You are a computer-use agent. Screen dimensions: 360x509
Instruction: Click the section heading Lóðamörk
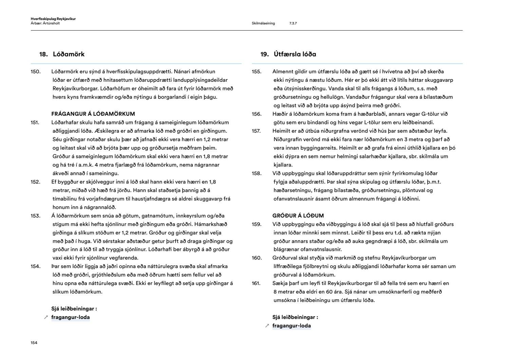(69, 54)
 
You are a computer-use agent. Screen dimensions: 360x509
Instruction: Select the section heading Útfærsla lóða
(295, 54)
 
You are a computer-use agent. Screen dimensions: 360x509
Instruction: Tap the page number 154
(34, 343)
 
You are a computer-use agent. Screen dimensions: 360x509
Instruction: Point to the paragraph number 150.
(35, 72)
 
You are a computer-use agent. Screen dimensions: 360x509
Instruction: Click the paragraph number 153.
(35, 216)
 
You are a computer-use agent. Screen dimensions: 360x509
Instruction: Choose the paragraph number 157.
(256, 131)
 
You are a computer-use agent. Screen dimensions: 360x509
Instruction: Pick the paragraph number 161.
(256, 283)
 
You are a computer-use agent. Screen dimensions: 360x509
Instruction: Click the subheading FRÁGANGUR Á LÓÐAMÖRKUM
(93, 114)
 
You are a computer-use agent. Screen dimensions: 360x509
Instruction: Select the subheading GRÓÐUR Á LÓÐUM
(298, 216)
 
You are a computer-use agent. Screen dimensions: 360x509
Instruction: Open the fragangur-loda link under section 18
(71, 317)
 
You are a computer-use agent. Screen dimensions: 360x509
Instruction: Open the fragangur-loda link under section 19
(291, 326)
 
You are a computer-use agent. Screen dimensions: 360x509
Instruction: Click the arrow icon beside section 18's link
(46, 318)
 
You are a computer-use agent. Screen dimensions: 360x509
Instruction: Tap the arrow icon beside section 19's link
(267, 326)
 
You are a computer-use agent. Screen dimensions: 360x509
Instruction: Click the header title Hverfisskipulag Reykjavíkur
(53, 19)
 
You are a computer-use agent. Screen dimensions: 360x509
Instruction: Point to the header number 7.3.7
(293, 23)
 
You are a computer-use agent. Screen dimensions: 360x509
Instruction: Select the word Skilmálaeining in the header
(263, 23)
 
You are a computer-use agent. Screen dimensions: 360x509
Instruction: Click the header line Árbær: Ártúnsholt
(45, 23)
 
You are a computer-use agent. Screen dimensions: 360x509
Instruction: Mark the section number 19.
(264, 54)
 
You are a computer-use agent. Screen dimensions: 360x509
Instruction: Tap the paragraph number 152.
(35, 182)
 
